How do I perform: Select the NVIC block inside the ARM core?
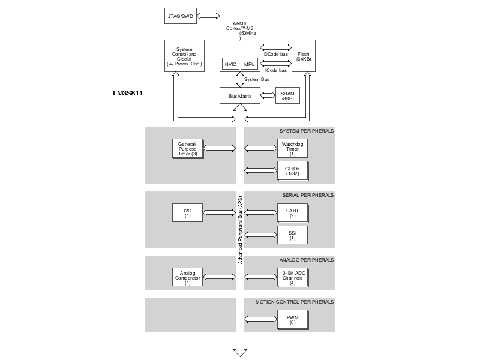click(x=230, y=64)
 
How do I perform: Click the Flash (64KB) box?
click(x=303, y=56)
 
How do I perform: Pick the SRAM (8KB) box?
click(x=287, y=96)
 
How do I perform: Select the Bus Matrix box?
click(x=240, y=96)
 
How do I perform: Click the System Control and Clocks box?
click(x=184, y=57)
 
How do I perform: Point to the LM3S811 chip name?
click(x=127, y=94)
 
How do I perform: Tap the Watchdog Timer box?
click(x=292, y=149)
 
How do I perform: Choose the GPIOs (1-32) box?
click(x=292, y=170)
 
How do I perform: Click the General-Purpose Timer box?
click(x=187, y=149)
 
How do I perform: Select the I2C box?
click(x=187, y=212)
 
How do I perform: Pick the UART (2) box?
click(x=292, y=212)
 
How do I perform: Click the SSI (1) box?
click(x=292, y=234)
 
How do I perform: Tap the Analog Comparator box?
click(x=187, y=276)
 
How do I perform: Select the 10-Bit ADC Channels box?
click(x=292, y=276)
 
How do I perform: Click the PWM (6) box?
click(x=292, y=319)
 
